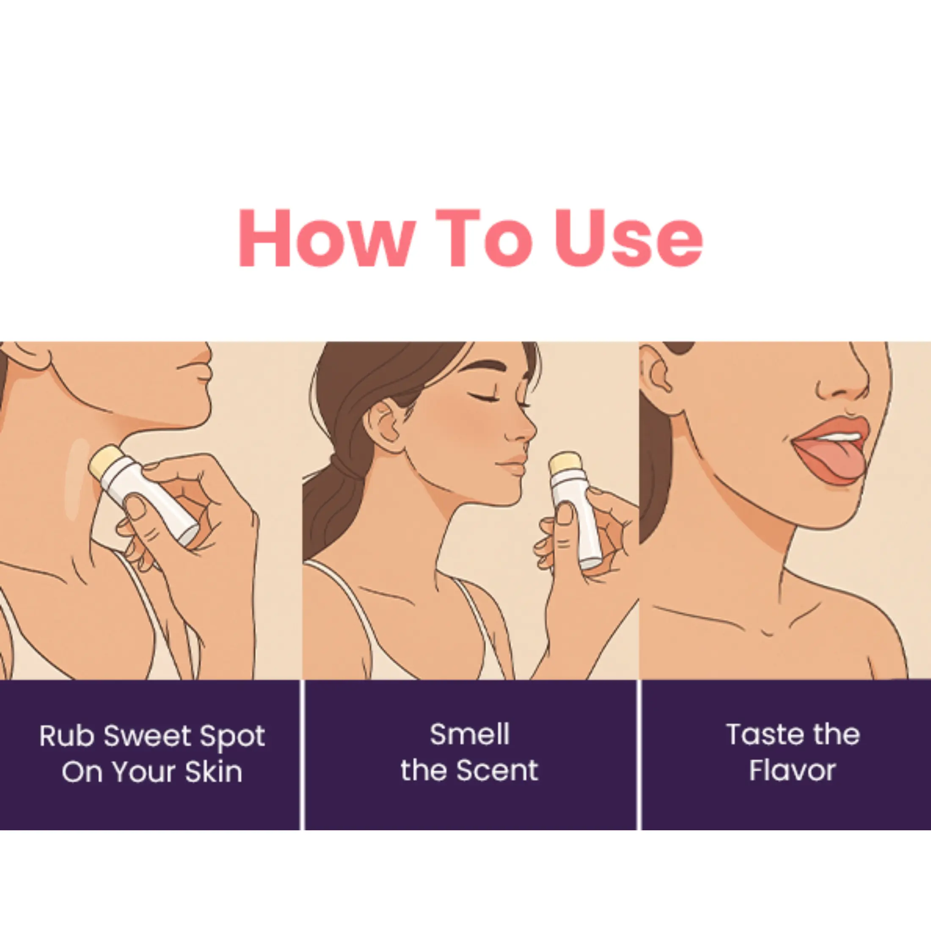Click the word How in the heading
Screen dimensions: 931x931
(326, 238)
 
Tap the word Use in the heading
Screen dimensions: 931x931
(629, 238)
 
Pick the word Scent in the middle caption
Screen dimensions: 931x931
(497, 771)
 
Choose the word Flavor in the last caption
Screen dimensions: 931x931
(792, 771)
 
